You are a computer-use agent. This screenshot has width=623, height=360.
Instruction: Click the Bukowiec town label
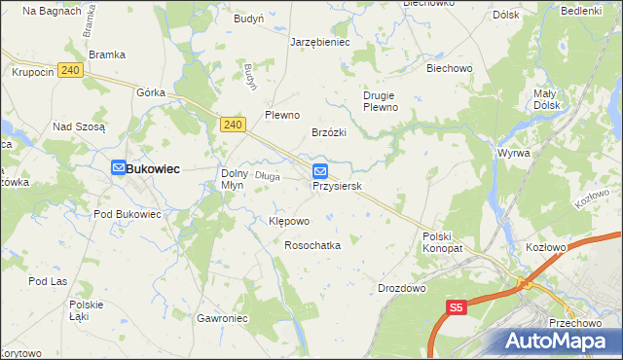[x=152, y=168]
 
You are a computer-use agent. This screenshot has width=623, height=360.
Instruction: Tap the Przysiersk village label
[x=338, y=186]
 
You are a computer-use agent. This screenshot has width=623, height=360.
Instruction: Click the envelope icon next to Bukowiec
[x=117, y=168]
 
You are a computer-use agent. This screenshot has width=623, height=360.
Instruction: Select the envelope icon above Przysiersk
[x=319, y=171]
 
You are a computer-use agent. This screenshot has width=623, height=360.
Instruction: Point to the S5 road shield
[x=458, y=307]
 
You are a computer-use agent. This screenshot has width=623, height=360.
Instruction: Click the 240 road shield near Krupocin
[x=69, y=70]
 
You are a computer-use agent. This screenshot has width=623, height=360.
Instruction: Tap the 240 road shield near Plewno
[x=232, y=125]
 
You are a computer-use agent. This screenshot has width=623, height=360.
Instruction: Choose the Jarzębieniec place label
[x=320, y=43]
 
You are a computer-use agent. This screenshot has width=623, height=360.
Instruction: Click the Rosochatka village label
[x=311, y=245]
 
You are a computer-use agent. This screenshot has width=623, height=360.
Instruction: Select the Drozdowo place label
[x=402, y=288]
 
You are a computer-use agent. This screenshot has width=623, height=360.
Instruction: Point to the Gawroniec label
[x=223, y=318]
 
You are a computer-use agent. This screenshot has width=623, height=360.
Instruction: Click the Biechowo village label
[x=449, y=69]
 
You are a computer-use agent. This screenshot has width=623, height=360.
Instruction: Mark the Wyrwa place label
[x=513, y=154]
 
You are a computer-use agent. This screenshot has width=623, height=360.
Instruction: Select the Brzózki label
[x=329, y=132]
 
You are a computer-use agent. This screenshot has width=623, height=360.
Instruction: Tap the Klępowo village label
[x=288, y=221]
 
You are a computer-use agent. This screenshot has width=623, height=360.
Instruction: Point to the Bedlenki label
[x=581, y=11]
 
